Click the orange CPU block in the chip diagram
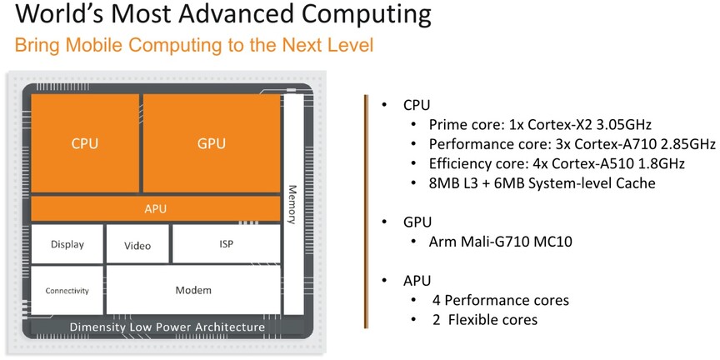click(85, 143)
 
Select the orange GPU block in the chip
click(212, 143)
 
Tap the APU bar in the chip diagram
click(156, 209)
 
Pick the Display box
click(67, 244)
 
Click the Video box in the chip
click(137, 244)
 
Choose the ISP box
click(226, 243)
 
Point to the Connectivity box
click(67, 290)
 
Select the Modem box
click(193, 290)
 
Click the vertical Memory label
click(292, 204)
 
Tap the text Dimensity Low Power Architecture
click(167, 327)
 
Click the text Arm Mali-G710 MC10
click(501, 242)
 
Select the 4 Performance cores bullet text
click(501, 300)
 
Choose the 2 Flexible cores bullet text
click(485, 319)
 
